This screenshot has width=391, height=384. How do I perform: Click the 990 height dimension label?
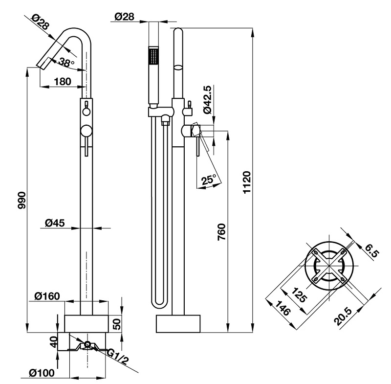tap(22, 201)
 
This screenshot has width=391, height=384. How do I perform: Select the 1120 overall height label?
tap(247, 182)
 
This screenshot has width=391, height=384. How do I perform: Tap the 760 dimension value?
tap(222, 232)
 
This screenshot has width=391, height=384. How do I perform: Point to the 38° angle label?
tap(66, 62)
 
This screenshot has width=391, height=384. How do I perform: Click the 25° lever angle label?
tap(210, 180)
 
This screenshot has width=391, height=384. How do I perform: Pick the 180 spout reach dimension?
tap(63, 81)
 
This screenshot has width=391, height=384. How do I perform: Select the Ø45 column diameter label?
tap(55, 223)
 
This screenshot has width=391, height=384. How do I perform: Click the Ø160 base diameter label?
tap(47, 296)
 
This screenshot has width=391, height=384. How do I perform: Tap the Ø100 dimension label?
tap(42, 373)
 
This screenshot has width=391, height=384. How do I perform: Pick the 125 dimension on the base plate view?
tap(299, 294)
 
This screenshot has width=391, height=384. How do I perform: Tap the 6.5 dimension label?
tap(371, 251)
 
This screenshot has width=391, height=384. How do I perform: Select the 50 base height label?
tap(117, 324)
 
